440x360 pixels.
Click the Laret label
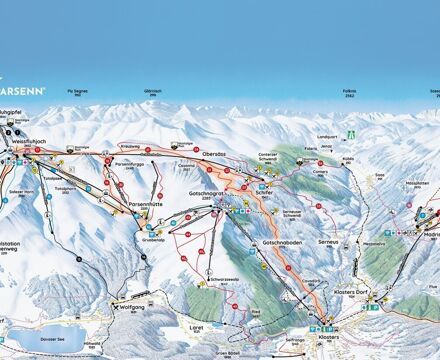click(197, 325)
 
